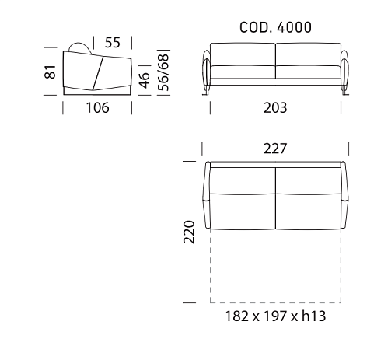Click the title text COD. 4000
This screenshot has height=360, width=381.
tap(275, 27)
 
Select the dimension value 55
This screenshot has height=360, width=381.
tap(113, 43)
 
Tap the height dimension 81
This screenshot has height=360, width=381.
tap(50, 72)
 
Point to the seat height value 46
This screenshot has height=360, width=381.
tap(144, 80)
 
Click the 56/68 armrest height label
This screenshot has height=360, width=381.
tap(163, 72)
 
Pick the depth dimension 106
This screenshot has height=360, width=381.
tap(97, 108)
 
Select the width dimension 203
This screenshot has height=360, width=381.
tap(275, 108)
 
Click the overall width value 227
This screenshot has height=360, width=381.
tap(275, 149)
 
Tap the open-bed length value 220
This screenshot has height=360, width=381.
tap(189, 232)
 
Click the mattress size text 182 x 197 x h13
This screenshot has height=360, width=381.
tap(275, 316)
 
